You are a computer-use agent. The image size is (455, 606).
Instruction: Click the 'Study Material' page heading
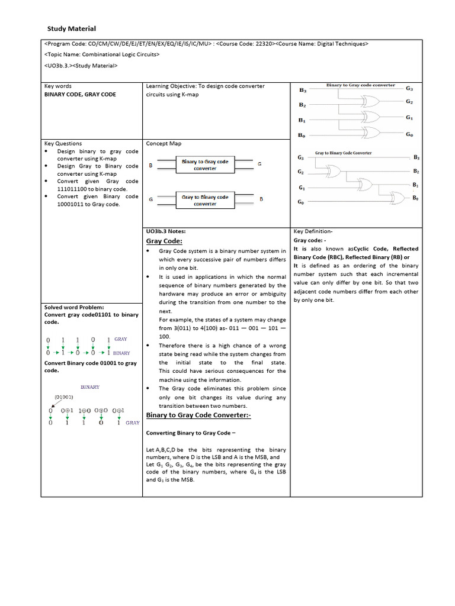[x=71, y=28]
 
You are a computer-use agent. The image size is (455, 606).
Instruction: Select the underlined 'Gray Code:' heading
[x=164, y=241]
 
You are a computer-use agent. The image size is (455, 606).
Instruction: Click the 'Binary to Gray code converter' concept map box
[x=205, y=165]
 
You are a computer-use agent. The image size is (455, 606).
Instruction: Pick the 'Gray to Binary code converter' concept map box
[x=205, y=200]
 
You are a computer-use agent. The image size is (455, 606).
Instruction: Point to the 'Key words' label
[x=58, y=86]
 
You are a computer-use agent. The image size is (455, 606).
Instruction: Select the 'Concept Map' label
[x=164, y=143]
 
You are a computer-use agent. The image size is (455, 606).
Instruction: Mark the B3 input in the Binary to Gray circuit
[x=302, y=91]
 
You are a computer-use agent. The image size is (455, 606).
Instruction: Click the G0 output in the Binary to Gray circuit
[x=409, y=134]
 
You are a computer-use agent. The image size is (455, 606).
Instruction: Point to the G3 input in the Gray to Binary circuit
[x=301, y=158]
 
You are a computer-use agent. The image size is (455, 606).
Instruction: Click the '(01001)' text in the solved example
[x=63, y=397]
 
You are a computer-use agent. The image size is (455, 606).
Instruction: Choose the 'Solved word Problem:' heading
[x=74, y=307]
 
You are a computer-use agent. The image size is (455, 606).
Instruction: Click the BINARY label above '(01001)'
[x=90, y=386]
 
